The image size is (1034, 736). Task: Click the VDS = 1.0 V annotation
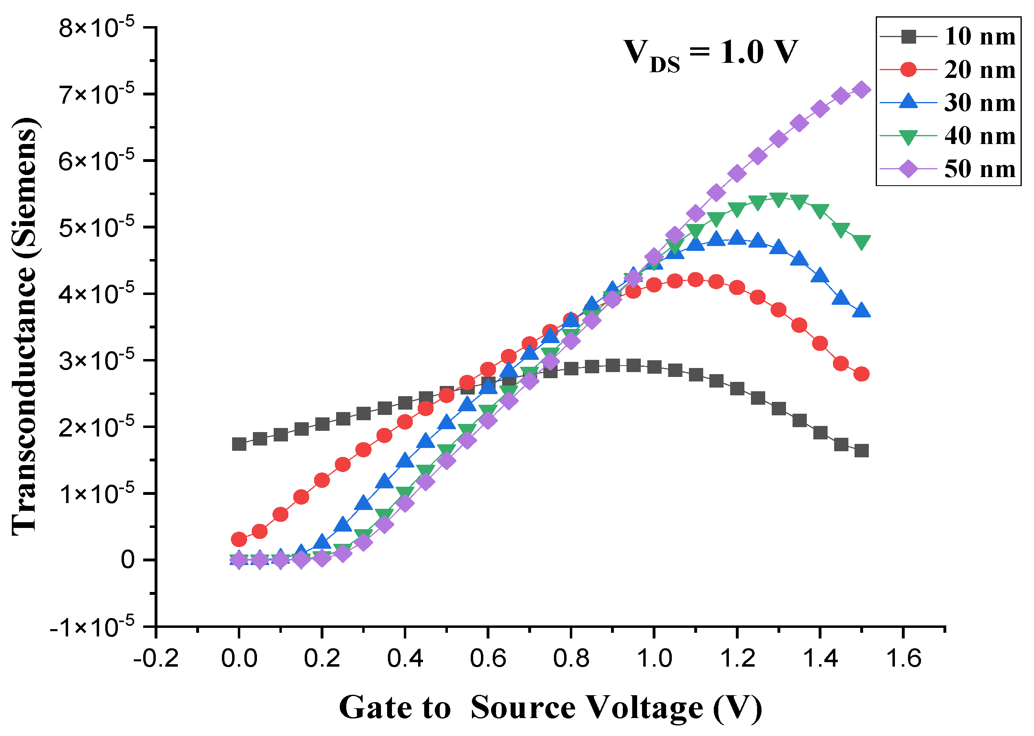click(x=710, y=53)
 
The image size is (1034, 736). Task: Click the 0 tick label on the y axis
click(x=128, y=560)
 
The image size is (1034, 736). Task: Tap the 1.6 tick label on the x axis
click(x=903, y=658)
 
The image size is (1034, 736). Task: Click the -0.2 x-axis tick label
click(x=156, y=658)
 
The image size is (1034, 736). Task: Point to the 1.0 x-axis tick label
click(x=654, y=658)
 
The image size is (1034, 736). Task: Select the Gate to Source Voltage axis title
click(x=551, y=707)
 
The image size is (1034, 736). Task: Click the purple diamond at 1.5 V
click(x=861, y=89)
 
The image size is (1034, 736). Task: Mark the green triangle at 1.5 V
click(x=861, y=242)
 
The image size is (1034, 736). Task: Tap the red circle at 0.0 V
click(x=239, y=539)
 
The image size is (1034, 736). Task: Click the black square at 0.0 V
click(x=239, y=444)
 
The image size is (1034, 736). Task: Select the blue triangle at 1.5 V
click(x=861, y=310)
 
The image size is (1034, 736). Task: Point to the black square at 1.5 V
click(x=861, y=450)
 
